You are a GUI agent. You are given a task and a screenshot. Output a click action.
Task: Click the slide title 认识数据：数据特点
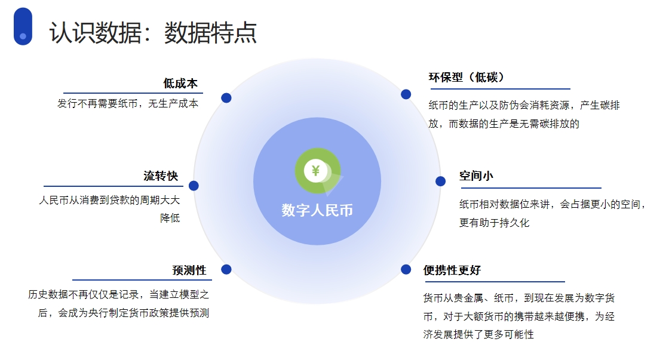coord(153,32)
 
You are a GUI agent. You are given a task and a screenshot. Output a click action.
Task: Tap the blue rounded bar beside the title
coord(23,26)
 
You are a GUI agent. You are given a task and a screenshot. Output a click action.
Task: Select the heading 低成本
coord(180,83)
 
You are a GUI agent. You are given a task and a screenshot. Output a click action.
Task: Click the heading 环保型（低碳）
coord(467,77)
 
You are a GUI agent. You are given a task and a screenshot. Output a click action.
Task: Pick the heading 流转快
coord(161,176)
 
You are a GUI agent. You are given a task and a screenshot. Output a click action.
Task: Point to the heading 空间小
coord(476,176)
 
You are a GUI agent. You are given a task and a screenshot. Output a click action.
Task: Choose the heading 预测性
coord(189,270)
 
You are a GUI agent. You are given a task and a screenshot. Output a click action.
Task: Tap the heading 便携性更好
coord(452,270)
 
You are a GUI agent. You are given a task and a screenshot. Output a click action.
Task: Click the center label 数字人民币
coord(317,210)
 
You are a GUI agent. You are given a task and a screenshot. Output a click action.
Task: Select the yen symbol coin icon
coord(317,171)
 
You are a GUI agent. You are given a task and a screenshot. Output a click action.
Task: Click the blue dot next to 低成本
coord(226,98)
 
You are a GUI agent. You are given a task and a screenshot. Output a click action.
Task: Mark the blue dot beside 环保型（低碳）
coord(406,94)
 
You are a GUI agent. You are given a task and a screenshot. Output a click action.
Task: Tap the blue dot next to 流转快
coord(194,186)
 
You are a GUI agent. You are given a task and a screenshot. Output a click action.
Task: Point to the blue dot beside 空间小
coord(440,181)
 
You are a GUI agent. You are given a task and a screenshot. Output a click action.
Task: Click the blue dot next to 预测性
coord(226,270)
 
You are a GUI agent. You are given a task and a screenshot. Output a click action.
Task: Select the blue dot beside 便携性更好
coord(406,270)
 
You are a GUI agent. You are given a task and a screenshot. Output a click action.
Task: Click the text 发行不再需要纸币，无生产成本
coord(128,104)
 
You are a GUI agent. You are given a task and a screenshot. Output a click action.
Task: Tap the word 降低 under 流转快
coord(170,218)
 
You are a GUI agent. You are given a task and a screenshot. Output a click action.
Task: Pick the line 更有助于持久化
coord(494,223)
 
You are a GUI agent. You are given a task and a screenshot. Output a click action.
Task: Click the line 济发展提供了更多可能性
coord(478,334)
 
